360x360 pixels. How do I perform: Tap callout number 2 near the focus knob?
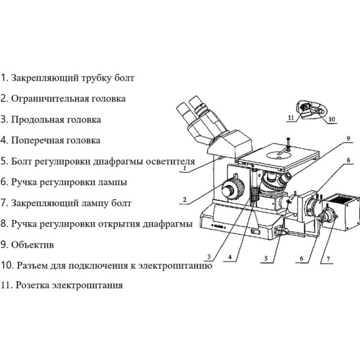(x=184, y=200)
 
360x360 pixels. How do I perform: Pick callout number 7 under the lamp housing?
(x=328, y=256)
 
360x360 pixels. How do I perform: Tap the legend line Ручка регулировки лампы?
(x=70, y=182)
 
